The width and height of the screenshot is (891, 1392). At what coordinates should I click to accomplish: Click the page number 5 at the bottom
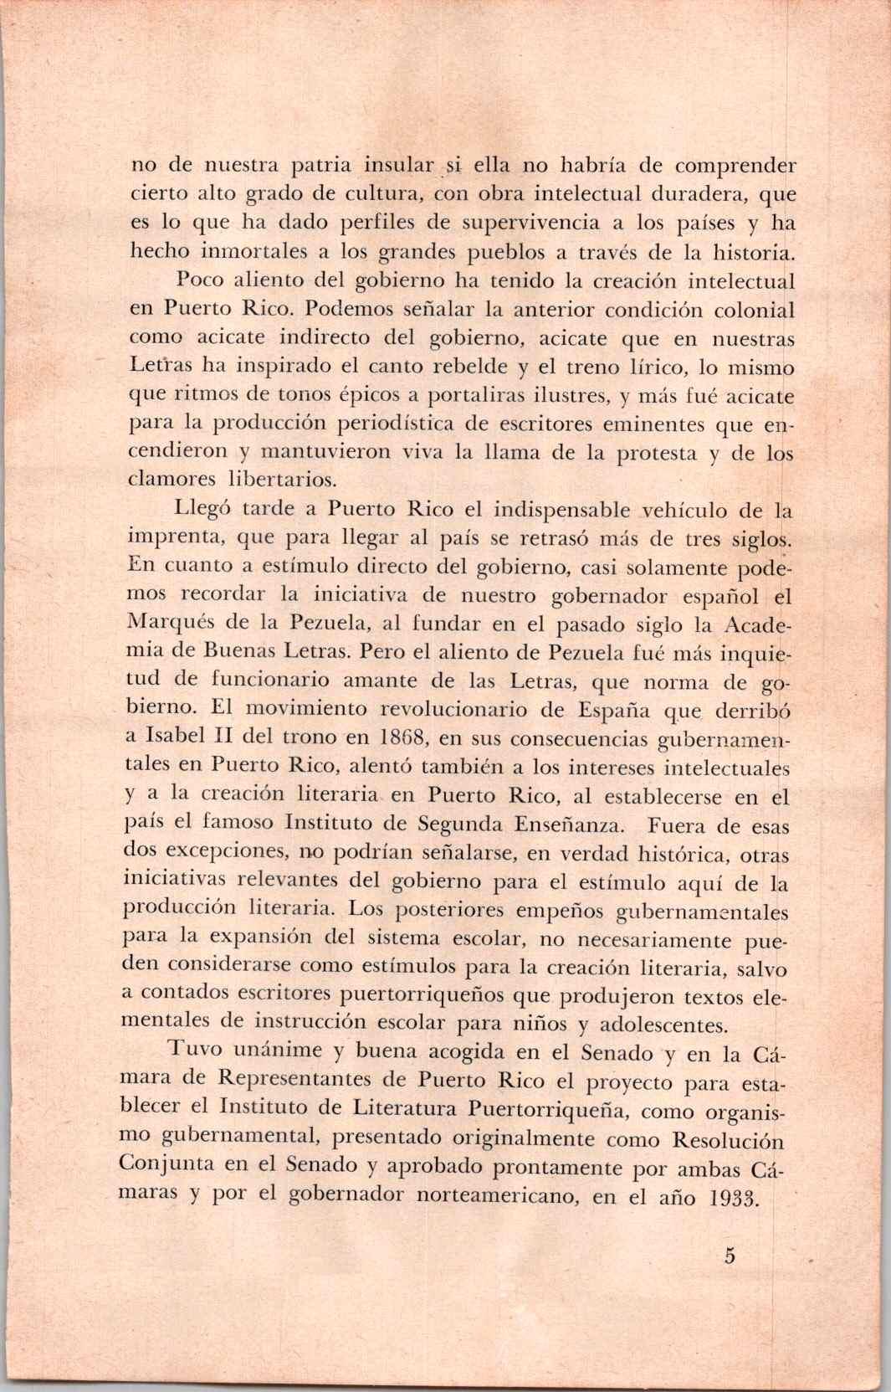(x=730, y=1257)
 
